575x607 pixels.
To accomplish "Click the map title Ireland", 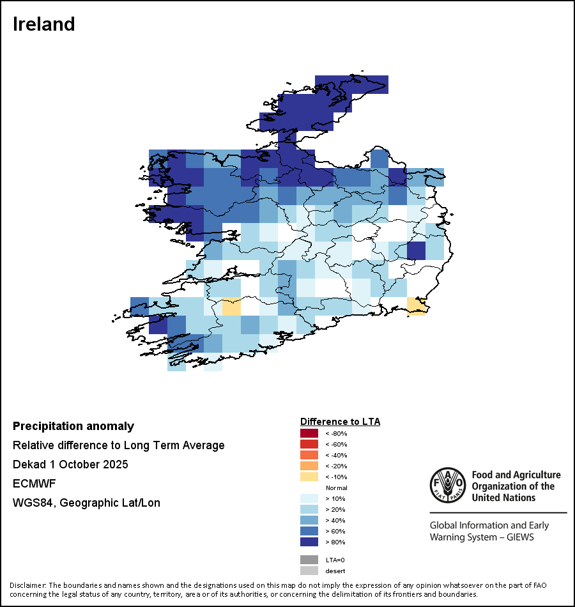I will coord(44,24).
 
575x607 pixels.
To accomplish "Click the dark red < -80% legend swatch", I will coord(309,434).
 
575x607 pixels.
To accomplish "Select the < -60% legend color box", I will coord(309,445).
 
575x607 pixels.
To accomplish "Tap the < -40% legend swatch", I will coord(309,456).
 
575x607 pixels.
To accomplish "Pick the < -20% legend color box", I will coord(309,466).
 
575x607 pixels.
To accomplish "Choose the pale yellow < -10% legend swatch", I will coord(309,477).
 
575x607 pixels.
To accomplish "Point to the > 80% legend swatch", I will coord(309,542).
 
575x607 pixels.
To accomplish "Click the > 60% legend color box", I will coord(309,531).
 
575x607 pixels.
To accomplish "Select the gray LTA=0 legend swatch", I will coord(309,560).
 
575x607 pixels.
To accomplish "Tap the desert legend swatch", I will coord(309,571).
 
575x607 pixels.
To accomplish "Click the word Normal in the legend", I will coord(336,488).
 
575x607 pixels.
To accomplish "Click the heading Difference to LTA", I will coord(340,422).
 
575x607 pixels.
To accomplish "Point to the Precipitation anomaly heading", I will coord(73,426).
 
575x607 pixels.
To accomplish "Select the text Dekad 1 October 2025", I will coord(70,465).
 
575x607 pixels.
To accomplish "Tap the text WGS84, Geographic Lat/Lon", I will coord(86,503).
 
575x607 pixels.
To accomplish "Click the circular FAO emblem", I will coord(447,486).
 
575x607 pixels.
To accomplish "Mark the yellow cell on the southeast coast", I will coord(417,306).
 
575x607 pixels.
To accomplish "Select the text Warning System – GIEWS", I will coord(482,537).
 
